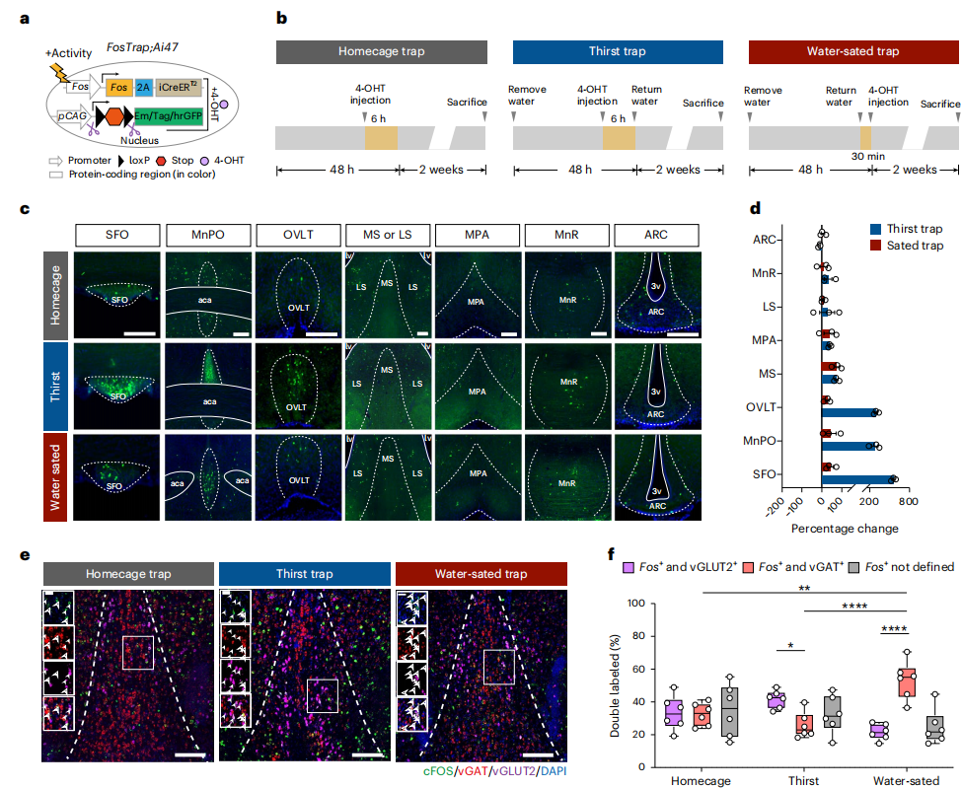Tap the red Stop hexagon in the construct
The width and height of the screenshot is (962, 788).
pos(117,114)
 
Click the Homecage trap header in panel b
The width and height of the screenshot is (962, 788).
pos(382,52)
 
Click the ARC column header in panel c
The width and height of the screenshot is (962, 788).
pos(654,235)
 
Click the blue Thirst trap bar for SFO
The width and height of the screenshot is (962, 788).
pos(856,479)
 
